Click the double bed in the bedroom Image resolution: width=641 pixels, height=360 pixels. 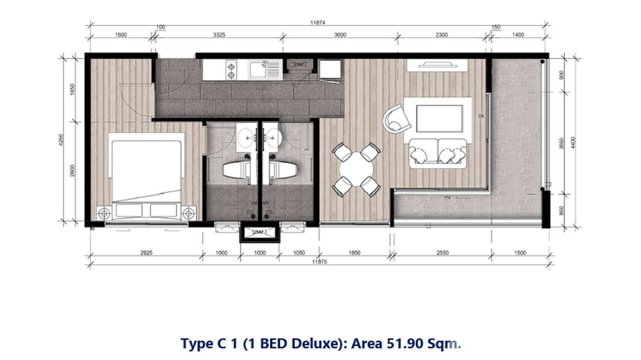tap(146, 172)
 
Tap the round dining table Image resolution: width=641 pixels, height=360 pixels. tap(356, 169)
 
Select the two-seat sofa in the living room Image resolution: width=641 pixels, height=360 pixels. tap(438, 153)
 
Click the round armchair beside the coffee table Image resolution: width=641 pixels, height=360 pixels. tap(397, 117)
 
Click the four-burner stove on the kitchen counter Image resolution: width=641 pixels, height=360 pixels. tap(231, 70)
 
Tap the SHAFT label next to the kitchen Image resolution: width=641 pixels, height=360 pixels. tap(299, 64)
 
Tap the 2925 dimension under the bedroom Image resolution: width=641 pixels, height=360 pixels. tap(146, 253)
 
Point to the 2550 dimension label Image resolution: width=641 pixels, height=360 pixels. tap(443, 253)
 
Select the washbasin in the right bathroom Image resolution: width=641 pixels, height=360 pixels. tap(273, 135)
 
